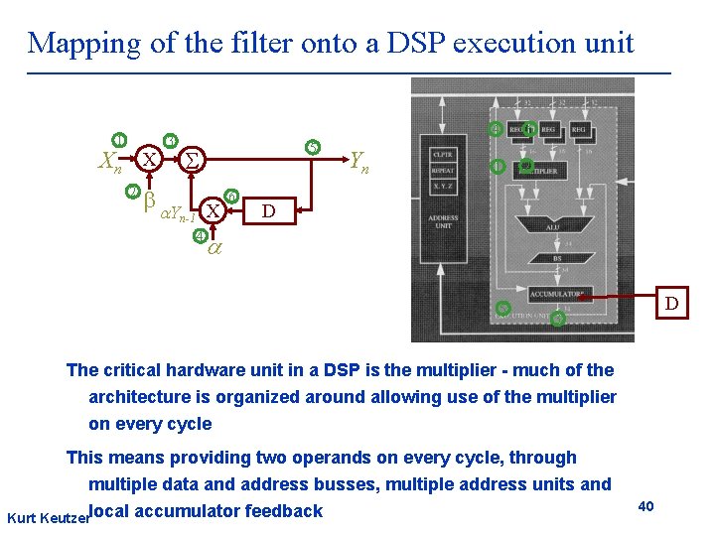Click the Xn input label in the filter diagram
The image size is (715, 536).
pos(110,161)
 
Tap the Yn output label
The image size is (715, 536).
pos(358,161)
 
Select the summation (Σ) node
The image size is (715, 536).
pos(195,159)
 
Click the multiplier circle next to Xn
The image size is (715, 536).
pos(148,159)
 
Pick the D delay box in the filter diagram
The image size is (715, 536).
pos(267,211)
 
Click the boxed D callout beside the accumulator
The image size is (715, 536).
pos(671,303)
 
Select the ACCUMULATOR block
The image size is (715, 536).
pos(556,294)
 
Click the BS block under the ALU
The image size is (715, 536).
pos(557,257)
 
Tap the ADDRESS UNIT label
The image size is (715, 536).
pos(443,222)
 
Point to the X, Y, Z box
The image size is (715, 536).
pos(443,186)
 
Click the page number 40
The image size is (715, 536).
pos(645,507)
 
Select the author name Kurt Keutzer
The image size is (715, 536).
pos(46,519)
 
